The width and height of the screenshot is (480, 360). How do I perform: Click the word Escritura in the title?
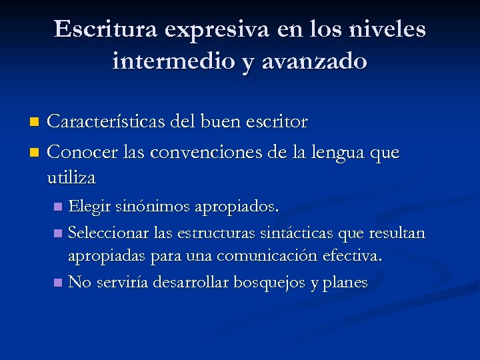pyautogui.click(x=106, y=29)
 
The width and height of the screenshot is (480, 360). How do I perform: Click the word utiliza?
pyautogui.click(x=72, y=178)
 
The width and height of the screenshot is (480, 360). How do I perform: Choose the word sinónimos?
pyautogui.click(x=153, y=207)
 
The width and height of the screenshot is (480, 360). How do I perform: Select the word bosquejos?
pyautogui.click(x=273, y=283)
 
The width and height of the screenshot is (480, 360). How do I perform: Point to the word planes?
pyautogui.click(x=345, y=283)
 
